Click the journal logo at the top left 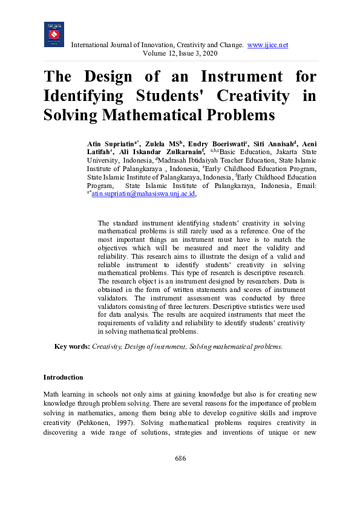[x=54, y=34]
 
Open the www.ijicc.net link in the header [x=268, y=45]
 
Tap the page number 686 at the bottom [x=180, y=458]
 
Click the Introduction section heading [x=63, y=377]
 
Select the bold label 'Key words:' [x=72, y=346]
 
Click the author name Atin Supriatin [x=113, y=143]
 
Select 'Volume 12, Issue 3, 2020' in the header [x=180, y=54]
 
